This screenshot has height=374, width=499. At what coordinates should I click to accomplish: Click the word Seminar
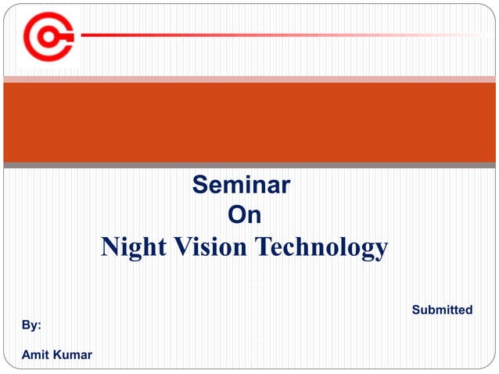pos(241,185)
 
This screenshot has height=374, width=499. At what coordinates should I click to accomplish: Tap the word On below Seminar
pos(243,214)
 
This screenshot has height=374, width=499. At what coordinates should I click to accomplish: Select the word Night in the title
pos(129,247)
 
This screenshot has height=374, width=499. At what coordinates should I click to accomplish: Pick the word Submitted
pos(442,310)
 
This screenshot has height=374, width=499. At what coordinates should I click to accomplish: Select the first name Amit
pos(35,355)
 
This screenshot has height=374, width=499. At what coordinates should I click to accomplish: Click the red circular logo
pos(48,36)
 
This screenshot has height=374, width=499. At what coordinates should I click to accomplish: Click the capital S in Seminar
pos(199,185)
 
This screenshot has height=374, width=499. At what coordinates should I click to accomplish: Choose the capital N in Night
pos(110,247)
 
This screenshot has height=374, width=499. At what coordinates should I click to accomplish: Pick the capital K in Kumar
pos(59,355)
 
